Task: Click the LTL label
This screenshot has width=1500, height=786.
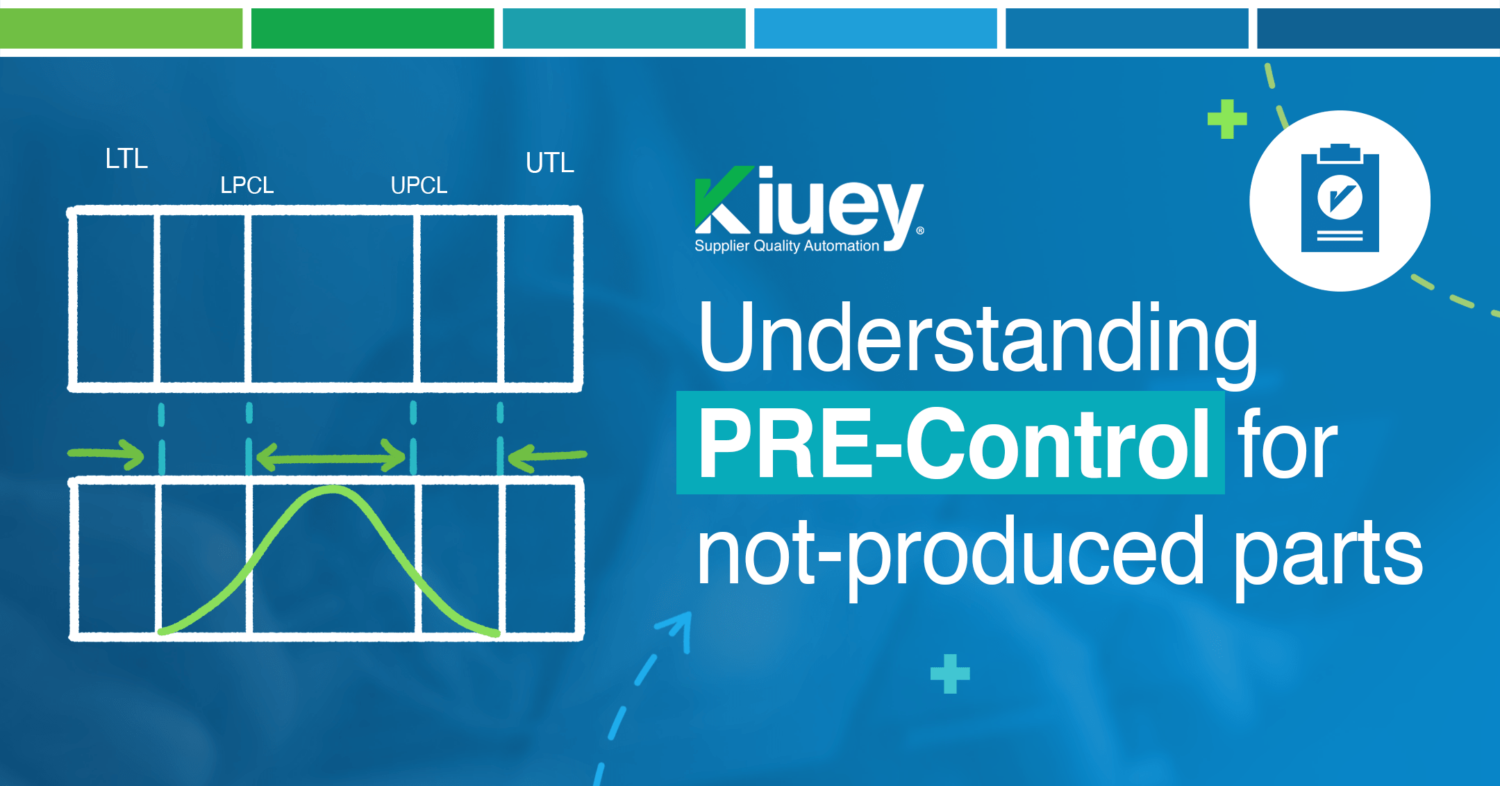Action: (x=126, y=158)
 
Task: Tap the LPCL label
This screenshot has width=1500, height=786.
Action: (x=247, y=185)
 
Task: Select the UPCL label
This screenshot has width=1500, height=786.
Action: (x=419, y=185)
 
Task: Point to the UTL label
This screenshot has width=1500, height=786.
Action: (x=550, y=162)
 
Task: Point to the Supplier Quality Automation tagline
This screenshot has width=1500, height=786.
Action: (x=787, y=246)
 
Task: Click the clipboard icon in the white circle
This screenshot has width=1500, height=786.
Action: (x=1340, y=199)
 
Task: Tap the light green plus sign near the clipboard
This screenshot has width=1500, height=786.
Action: (x=1227, y=119)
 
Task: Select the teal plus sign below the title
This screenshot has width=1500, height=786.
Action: (x=950, y=674)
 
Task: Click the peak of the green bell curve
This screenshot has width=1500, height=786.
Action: (x=333, y=489)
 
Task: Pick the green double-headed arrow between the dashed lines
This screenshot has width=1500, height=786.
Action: (x=331, y=458)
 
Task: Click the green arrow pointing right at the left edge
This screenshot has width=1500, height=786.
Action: (x=106, y=454)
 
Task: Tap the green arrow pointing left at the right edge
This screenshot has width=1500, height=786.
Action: (x=547, y=457)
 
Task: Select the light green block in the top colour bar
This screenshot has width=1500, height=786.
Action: (x=121, y=28)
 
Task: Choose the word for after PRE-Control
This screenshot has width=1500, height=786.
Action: (x=1287, y=444)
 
